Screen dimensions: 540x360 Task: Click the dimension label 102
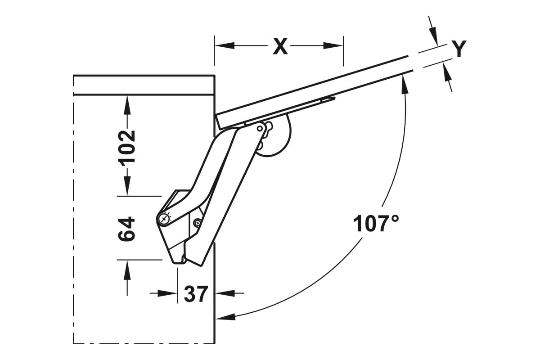coord(126,148)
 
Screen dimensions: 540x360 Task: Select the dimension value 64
coord(126,229)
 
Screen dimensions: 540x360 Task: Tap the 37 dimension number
coord(196,294)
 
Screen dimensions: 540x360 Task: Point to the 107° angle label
coord(376,224)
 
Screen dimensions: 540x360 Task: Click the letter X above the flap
coord(280,46)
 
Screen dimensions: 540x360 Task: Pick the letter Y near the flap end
coord(459,49)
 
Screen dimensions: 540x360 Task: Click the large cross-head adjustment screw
coord(164,220)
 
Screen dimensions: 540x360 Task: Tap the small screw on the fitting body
coord(198,223)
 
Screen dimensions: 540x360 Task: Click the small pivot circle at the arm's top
coord(260,129)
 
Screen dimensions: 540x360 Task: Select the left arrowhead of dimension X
coord(225,45)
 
